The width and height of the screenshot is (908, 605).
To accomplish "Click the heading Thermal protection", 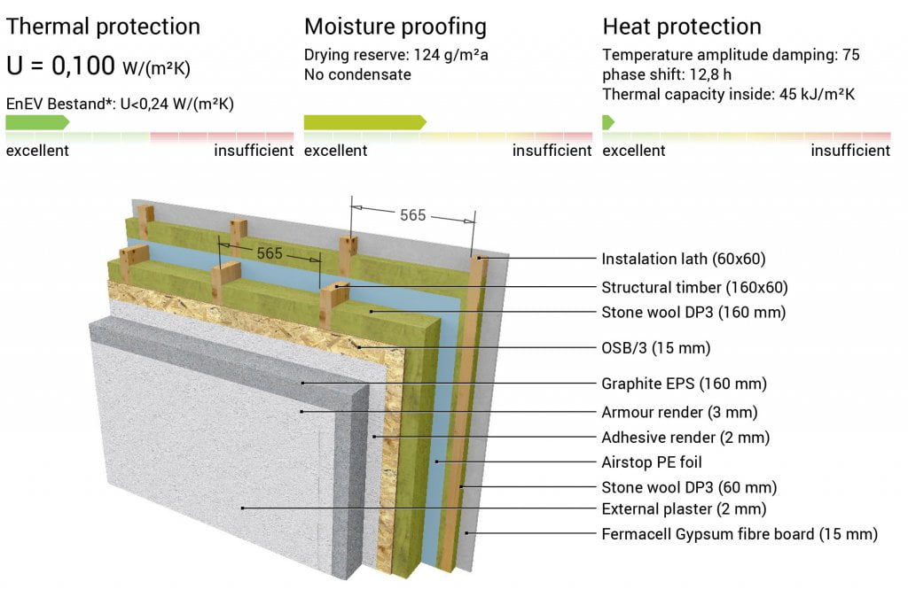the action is [x=103, y=27].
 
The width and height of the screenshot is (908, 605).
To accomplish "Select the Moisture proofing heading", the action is [x=395, y=27].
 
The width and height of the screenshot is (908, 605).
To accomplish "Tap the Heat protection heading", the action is [x=682, y=27].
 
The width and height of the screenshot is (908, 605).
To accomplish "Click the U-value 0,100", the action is [x=83, y=66].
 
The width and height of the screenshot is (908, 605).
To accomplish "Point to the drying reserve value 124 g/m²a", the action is [x=451, y=55].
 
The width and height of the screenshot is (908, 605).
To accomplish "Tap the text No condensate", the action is [x=357, y=74].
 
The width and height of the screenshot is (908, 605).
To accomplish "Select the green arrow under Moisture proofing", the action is [x=364, y=122].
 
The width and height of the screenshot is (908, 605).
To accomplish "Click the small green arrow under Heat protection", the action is [x=608, y=122].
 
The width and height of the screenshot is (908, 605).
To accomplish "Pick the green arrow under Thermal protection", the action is [x=37, y=122].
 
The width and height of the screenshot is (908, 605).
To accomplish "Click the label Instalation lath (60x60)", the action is [x=684, y=260].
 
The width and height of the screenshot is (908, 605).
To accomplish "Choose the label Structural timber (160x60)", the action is [x=695, y=288].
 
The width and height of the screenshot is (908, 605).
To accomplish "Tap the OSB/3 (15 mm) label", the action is [x=656, y=348].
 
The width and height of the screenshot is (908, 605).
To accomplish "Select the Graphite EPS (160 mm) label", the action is [x=684, y=384].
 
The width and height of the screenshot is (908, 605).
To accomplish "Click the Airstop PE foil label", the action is [x=652, y=462].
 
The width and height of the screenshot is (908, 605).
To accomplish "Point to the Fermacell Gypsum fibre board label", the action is [x=740, y=534].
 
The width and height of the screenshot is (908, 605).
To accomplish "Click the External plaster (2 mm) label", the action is [x=684, y=509].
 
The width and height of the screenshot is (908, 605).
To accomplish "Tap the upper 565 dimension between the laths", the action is [x=413, y=215].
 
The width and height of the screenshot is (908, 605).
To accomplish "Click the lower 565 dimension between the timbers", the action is [x=270, y=253].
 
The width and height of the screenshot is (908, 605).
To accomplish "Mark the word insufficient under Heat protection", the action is [x=850, y=151].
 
